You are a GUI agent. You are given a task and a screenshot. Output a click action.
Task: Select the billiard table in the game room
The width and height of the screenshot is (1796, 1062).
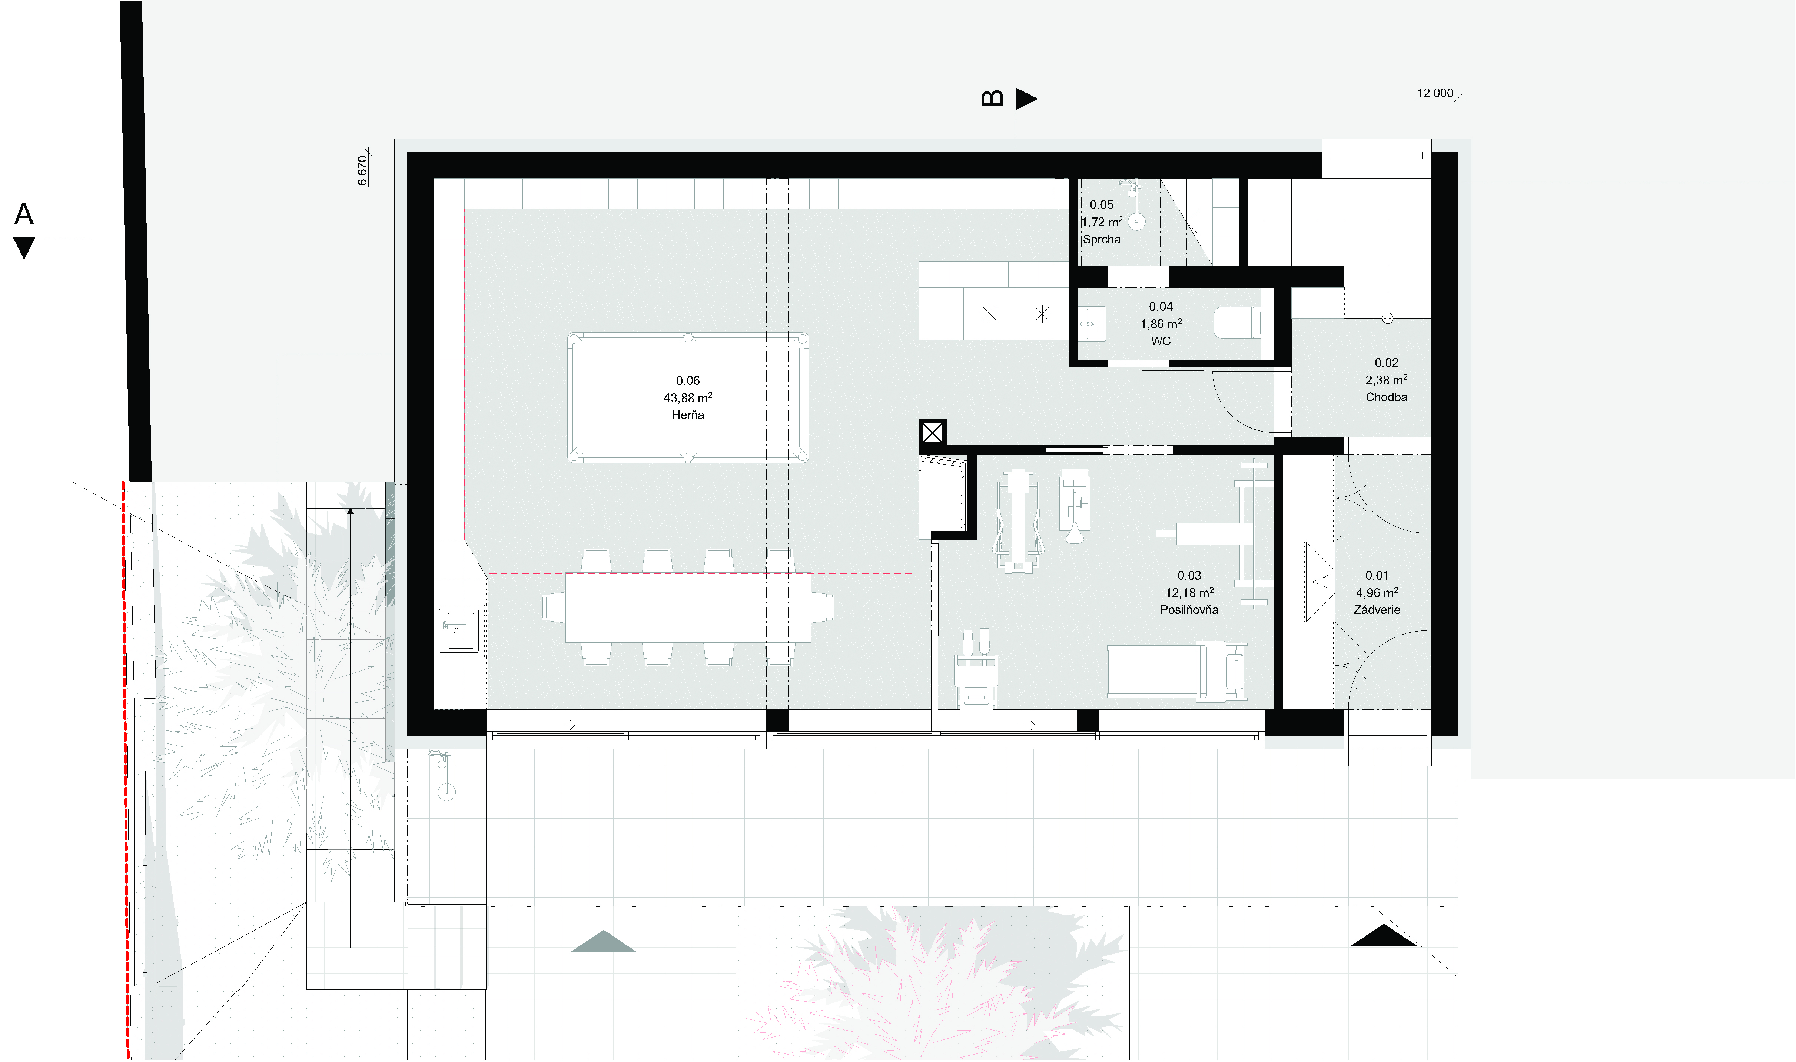pyautogui.click(x=688, y=397)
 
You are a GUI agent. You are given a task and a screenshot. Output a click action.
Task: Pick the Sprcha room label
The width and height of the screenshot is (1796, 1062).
pyautogui.click(x=1102, y=240)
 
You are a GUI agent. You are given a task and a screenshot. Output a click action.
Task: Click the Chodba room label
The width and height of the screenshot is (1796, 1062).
pyautogui.click(x=1387, y=397)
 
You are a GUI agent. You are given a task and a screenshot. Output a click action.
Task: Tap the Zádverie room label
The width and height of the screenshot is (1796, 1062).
pyautogui.click(x=1377, y=610)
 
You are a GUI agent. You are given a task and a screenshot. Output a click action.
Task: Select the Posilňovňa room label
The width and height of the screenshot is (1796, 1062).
pyautogui.click(x=1189, y=610)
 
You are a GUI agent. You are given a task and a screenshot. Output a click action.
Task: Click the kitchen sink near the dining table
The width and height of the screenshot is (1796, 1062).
pyautogui.click(x=458, y=630)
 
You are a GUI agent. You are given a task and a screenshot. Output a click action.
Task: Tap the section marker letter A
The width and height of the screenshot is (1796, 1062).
pyautogui.click(x=24, y=214)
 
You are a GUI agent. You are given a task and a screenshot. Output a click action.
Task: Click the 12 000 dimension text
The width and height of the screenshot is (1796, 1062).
pyautogui.click(x=1435, y=93)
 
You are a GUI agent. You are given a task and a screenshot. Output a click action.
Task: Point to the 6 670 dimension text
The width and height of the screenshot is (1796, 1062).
pyautogui.click(x=363, y=170)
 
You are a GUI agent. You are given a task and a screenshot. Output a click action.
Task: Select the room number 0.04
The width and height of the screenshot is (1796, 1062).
pyautogui.click(x=1161, y=306)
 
